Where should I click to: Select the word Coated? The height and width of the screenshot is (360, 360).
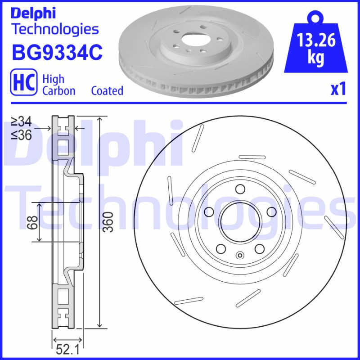pos(107,90)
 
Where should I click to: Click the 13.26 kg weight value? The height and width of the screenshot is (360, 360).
pos(317,48)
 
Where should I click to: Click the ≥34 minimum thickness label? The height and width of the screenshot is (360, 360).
pos(21,121)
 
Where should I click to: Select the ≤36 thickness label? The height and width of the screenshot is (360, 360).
pos(21,135)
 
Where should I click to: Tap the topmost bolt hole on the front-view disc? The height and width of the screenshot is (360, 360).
pos(239,189)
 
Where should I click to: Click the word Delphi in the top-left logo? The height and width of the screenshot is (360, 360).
pos(33,13)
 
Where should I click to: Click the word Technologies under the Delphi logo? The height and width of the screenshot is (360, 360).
pos(55,29)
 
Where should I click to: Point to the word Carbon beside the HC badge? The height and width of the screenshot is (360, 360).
pos(58,90)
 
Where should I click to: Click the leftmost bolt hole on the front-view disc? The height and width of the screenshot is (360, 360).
pos(208,211)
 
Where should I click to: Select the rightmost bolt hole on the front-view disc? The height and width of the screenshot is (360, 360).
pos(271,211)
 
